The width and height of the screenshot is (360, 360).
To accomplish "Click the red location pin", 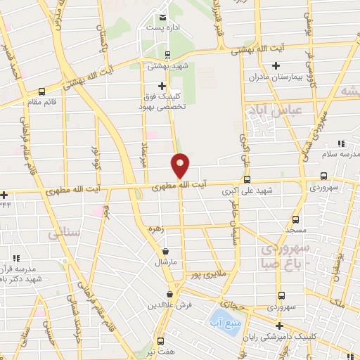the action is [x=180, y=165].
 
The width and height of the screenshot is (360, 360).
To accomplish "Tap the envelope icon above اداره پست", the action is [x=163, y=16].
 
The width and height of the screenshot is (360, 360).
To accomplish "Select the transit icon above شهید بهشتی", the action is [x=167, y=55].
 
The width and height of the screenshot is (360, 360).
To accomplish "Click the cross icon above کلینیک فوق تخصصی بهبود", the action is [x=162, y=86].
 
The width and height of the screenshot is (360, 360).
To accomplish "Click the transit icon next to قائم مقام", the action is [x=43, y=91].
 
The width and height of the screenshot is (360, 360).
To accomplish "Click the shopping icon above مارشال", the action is [x=165, y=250].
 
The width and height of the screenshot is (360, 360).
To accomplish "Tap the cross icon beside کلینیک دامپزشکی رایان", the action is [x=280, y=326].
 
